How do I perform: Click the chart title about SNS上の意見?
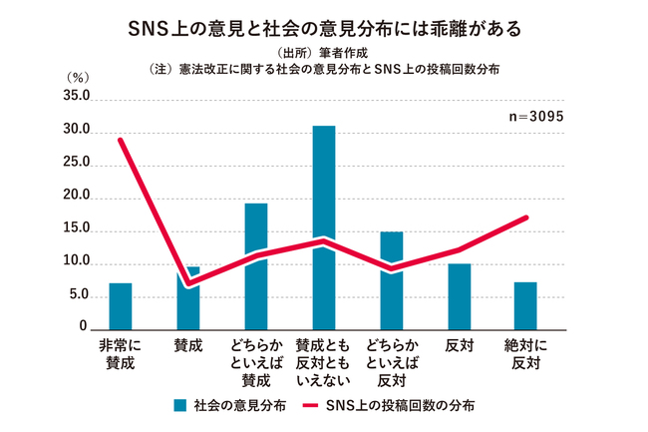pos(324,27)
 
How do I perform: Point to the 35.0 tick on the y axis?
pos(76,98)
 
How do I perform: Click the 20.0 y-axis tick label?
pos(76,198)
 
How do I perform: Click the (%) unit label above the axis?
pos(77,77)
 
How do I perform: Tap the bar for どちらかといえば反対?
pos(392,280)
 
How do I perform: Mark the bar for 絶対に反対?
pos(525,305)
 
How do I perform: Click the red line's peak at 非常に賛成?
pos(121,140)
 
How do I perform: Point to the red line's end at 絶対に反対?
pos(525,217)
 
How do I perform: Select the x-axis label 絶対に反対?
pos(525,354)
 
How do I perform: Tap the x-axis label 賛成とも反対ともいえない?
pos(324,363)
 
